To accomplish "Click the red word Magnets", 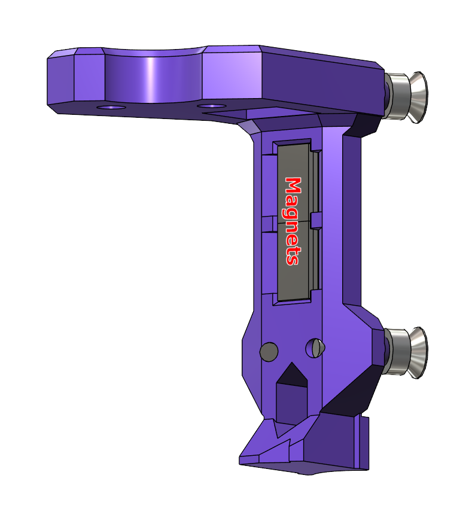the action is tap(293, 221).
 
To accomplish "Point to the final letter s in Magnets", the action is tap(293, 260).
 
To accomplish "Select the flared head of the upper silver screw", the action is tap(417, 97).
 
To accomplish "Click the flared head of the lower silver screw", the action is tap(417, 353).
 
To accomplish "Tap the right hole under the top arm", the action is tap(212, 106).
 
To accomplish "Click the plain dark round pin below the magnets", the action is tap(269, 352).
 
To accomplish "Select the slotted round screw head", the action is tap(315, 348).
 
